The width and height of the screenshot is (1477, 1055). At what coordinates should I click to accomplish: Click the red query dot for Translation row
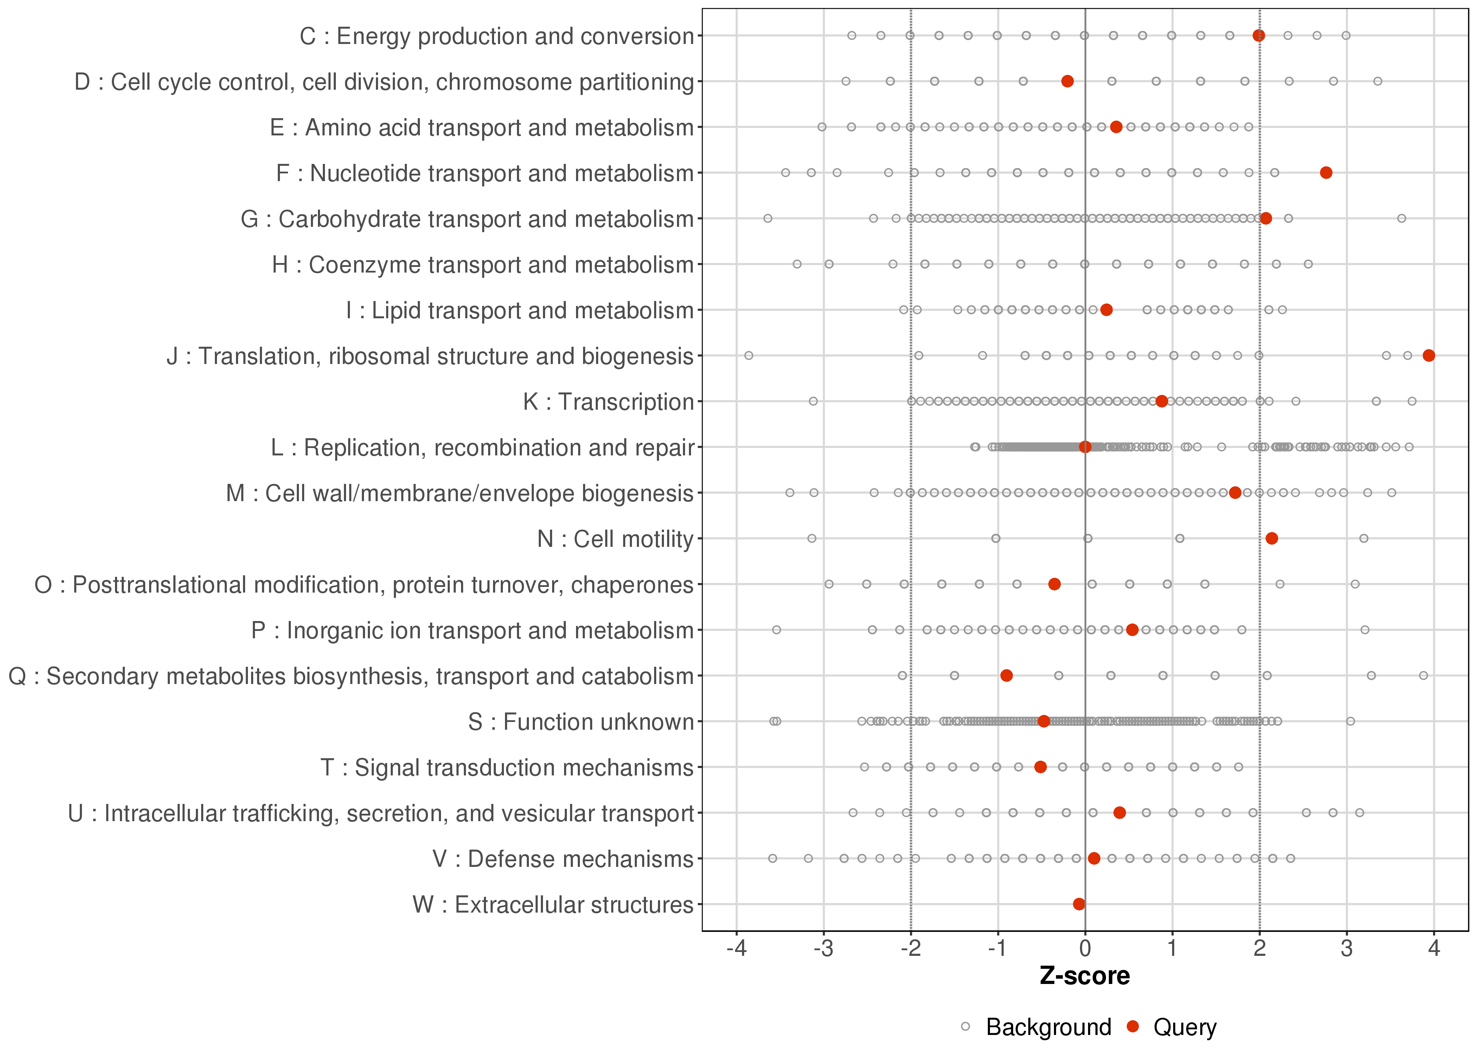point(1428,355)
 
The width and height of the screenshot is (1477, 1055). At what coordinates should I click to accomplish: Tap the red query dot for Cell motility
point(1272,538)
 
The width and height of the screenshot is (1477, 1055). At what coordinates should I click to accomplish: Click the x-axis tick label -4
point(736,949)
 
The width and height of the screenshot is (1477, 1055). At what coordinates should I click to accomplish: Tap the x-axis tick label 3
point(1347,949)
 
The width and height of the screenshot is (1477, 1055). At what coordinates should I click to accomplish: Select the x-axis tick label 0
point(1085,949)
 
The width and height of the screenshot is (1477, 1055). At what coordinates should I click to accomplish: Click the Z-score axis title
point(1085,976)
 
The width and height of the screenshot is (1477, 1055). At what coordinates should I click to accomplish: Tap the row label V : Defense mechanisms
point(562,859)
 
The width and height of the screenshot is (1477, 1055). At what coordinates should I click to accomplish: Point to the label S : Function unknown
point(581,722)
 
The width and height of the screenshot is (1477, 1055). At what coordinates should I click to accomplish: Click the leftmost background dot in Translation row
point(748,355)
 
